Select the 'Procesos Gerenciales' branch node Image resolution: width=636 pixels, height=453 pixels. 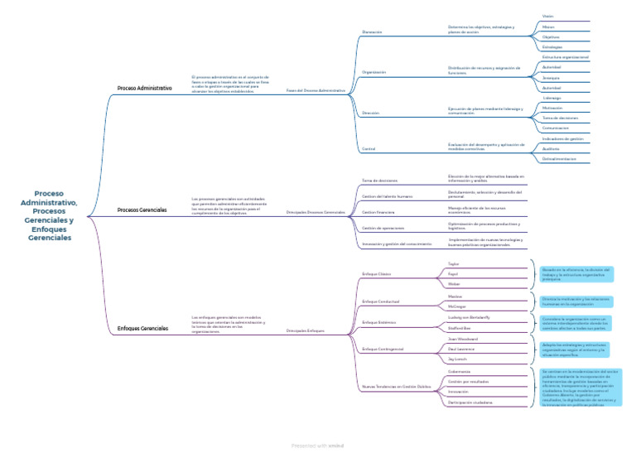click(142, 210)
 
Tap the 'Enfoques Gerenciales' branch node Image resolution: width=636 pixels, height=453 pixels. click(142, 329)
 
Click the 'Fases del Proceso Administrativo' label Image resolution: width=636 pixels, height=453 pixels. click(316, 90)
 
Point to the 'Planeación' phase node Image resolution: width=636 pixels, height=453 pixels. click(372, 32)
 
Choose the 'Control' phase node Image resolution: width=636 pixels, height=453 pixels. click(369, 149)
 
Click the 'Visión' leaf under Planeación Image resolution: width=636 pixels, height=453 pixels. click(547, 16)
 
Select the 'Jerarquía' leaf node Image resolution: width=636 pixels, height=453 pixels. click(551, 77)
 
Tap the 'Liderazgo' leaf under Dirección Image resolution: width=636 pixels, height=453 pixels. click(552, 98)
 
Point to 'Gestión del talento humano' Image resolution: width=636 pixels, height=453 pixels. click(388, 196)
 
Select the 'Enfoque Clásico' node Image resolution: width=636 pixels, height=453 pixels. click(377, 273)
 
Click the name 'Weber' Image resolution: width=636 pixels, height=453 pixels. click(453, 283)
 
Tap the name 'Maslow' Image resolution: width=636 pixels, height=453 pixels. click(455, 296)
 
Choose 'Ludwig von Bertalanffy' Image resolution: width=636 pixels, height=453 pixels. click(469, 317)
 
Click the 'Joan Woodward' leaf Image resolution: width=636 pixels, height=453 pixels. click(461, 339)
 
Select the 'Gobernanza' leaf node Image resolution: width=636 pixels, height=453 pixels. click(459, 371)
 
